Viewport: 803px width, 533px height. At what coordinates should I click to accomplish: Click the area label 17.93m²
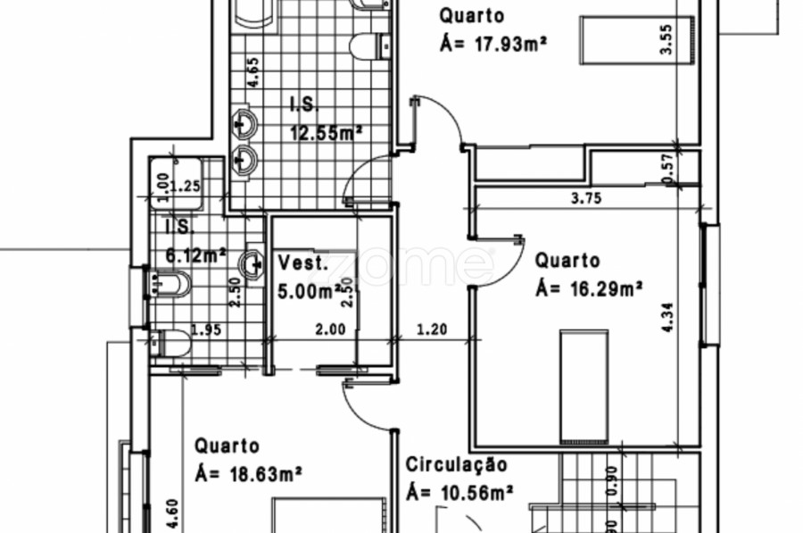click(x=493, y=43)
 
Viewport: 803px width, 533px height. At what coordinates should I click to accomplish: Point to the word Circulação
click(x=456, y=465)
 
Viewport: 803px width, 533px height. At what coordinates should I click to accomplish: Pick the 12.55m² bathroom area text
click(x=327, y=132)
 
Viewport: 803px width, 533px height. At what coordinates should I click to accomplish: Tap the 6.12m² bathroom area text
click(x=195, y=255)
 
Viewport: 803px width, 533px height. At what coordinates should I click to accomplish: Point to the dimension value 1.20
click(x=432, y=329)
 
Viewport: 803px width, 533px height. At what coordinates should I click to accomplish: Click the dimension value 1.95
click(x=207, y=329)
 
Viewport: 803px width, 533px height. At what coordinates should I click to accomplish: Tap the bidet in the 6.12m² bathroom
click(x=172, y=285)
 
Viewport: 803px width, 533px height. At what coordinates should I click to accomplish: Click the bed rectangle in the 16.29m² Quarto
click(x=584, y=386)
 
